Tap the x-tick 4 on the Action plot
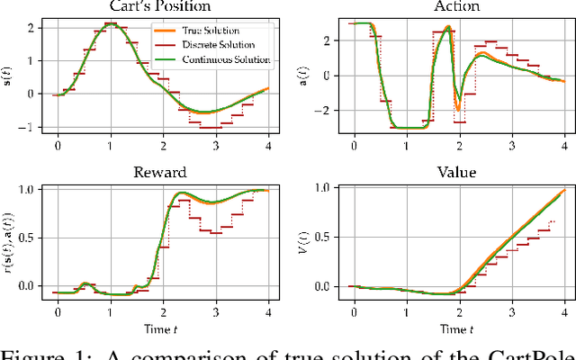click(564, 146)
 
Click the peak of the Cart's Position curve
click(110, 24)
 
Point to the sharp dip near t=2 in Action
click(458, 108)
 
